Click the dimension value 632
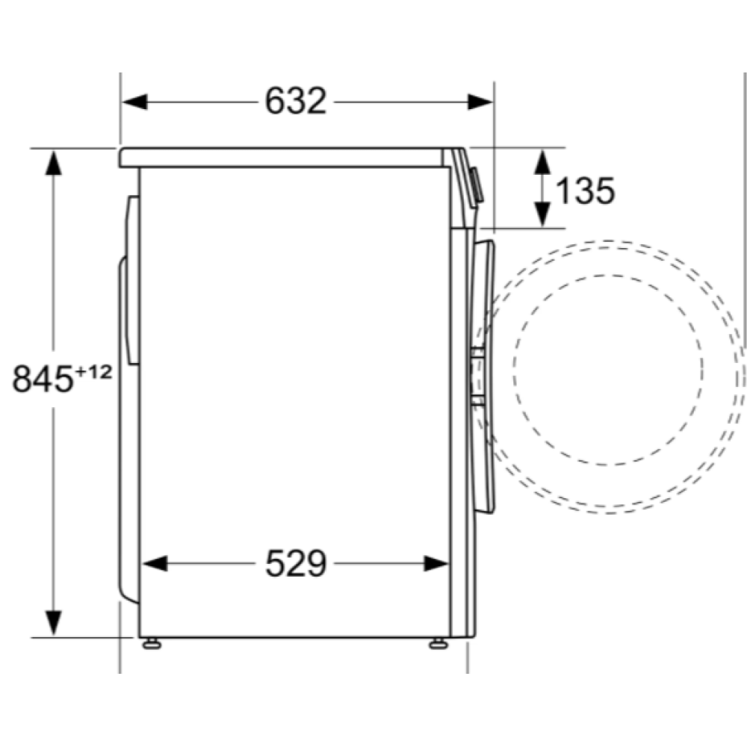click(296, 102)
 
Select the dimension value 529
click(296, 564)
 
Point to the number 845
click(43, 379)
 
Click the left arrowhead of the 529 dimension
click(154, 564)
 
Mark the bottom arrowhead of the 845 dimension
click(53, 624)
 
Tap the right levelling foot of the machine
click(437, 642)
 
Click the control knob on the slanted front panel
click(476, 187)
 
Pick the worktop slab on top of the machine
click(284, 157)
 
